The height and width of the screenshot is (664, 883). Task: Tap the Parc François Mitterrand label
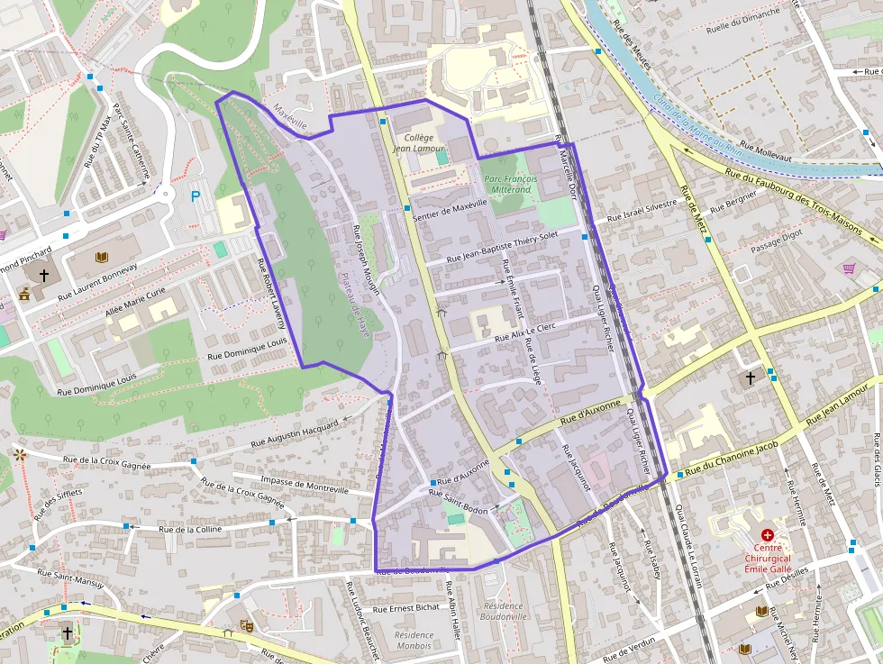pyautogui.click(x=510, y=185)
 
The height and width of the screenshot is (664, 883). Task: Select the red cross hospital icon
pyautogui.click(x=767, y=535)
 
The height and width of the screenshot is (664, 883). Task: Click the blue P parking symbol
pyautogui.click(x=196, y=196)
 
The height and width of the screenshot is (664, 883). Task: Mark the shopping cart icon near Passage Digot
pyautogui.click(x=849, y=268)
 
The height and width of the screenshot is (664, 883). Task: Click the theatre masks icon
pyautogui.click(x=245, y=623)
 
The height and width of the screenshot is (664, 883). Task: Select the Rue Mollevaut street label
pyautogui.click(x=765, y=150)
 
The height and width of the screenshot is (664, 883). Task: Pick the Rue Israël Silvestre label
pyautogui.click(x=642, y=211)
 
